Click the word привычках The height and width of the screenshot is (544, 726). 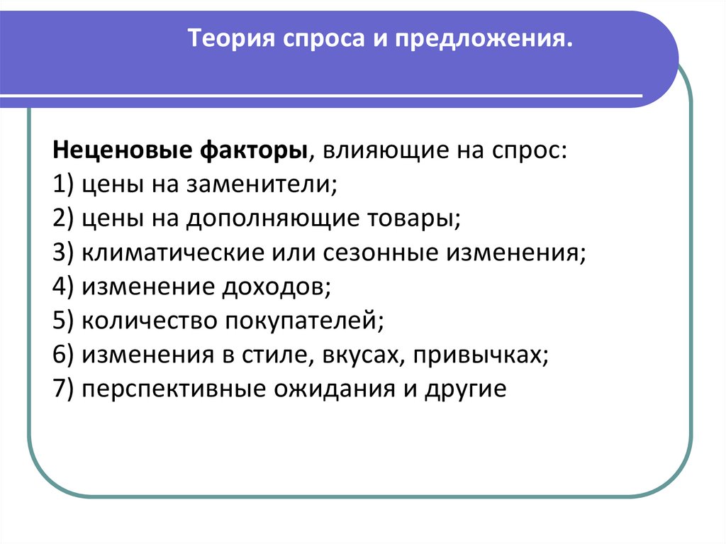(x=483, y=355)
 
